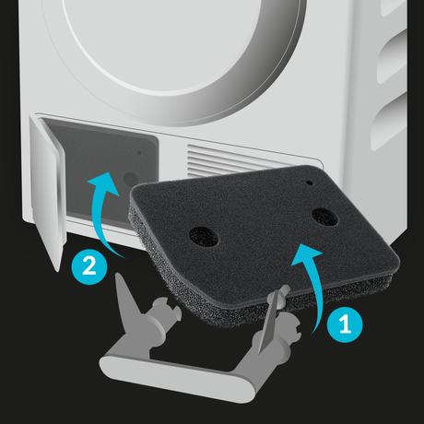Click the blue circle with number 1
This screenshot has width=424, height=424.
pos(345,324)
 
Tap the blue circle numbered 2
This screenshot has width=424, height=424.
pos(89,266)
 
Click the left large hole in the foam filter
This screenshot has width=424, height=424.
pos(204,237)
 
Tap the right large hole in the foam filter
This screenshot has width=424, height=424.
pos(324,217)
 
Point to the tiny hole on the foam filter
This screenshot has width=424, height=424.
pos(310,183)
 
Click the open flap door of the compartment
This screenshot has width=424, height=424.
pos(48,192)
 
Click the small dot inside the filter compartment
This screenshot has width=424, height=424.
pos(139,153)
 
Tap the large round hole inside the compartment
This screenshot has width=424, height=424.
pos(130,180)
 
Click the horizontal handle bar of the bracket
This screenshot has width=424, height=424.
pos(177,377)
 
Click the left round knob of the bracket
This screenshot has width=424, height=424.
pos(165,307)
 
